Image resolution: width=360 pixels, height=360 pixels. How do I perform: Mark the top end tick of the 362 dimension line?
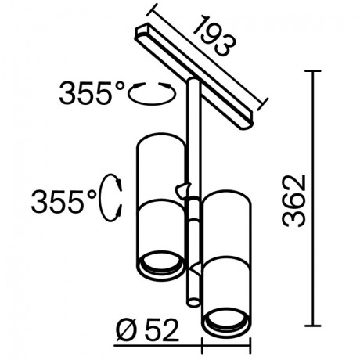coord(315,70)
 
